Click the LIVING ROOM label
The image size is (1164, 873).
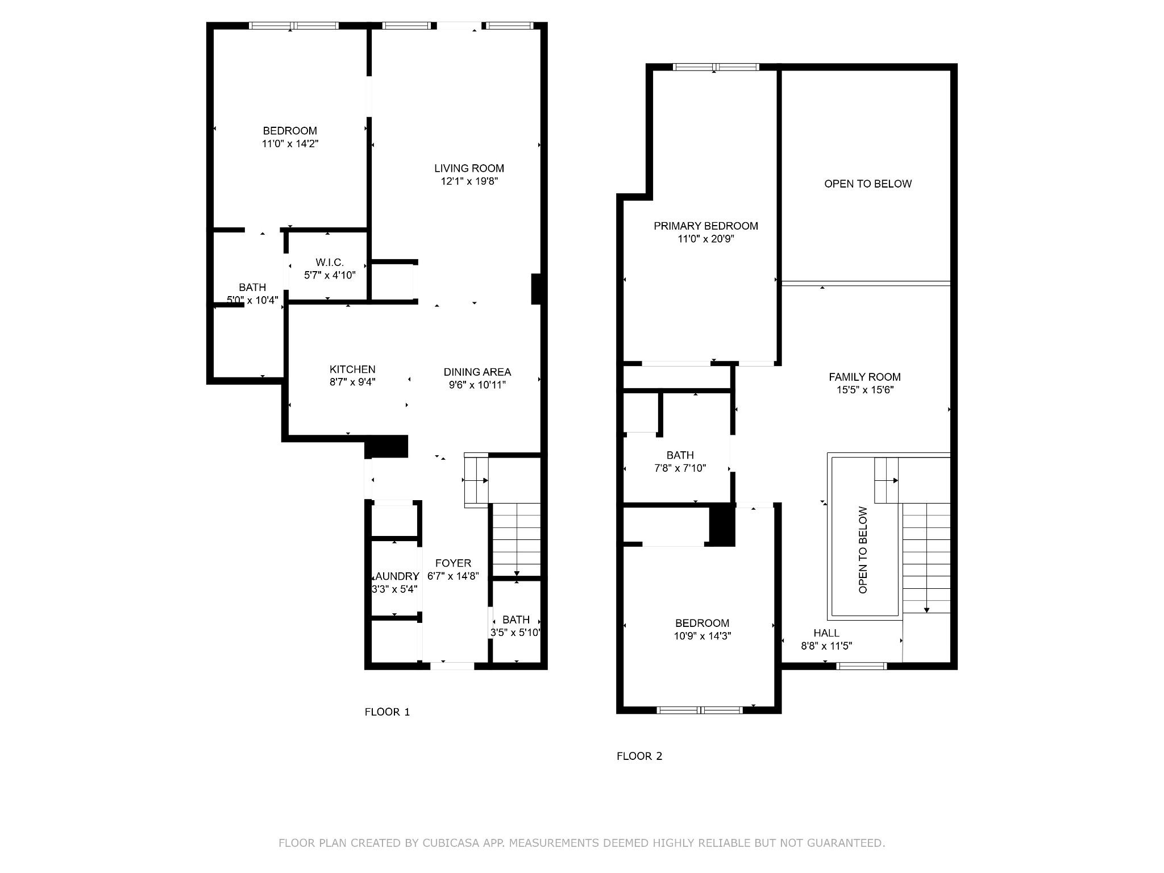(x=469, y=168)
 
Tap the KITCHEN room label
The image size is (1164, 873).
(x=352, y=369)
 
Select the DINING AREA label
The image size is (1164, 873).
(x=477, y=372)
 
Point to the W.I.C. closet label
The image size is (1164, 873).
(x=330, y=262)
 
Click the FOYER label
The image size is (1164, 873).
(x=453, y=563)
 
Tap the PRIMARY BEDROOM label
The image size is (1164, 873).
(x=706, y=226)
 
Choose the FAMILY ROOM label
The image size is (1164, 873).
(x=864, y=377)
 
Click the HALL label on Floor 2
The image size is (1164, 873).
(x=826, y=633)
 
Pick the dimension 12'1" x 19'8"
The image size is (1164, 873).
(x=469, y=181)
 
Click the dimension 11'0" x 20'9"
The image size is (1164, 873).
(x=706, y=239)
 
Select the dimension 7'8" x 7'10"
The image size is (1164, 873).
(x=680, y=468)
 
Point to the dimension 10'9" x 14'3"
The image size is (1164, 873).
(x=702, y=636)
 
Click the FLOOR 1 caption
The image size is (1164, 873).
(x=387, y=712)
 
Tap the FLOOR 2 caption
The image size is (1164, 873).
(x=639, y=756)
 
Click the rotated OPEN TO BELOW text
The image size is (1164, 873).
(x=863, y=550)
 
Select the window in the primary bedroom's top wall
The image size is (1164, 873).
(x=716, y=67)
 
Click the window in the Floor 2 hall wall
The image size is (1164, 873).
(x=862, y=666)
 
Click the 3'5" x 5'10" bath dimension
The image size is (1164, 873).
(x=516, y=633)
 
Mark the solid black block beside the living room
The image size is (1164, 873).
(x=535, y=289)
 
